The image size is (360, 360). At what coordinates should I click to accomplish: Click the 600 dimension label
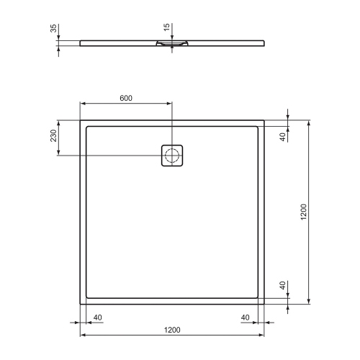126,97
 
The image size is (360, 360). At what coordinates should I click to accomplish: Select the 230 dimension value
53,137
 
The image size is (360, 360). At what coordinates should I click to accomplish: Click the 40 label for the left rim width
97,318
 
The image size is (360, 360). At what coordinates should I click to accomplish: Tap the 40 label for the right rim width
246,318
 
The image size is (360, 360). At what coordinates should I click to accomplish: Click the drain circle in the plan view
172,155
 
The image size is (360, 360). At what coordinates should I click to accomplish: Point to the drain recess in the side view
172,45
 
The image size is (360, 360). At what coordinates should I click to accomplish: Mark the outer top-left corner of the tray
79,120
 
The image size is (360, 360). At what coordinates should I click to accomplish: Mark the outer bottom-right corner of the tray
265,305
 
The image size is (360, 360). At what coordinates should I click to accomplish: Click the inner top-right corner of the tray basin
258,126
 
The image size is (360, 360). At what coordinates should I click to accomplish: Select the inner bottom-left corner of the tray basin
86,299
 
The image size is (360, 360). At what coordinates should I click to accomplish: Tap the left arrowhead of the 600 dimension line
81,103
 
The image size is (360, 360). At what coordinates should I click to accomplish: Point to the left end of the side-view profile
80,42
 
